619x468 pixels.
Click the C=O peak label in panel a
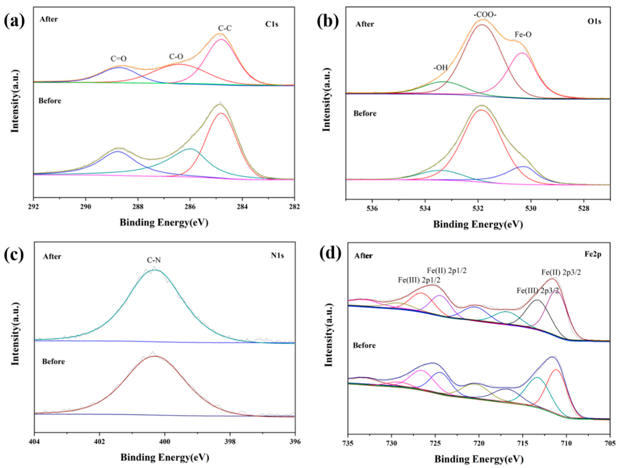click(118, 59)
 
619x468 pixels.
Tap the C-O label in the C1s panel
click(176, 57)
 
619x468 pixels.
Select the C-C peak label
click(225, 28)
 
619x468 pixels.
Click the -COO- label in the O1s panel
click(485, 15)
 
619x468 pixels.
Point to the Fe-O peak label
click(523, 35)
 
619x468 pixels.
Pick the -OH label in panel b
click(440, 68)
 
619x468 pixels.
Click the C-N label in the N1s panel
click(154, 260)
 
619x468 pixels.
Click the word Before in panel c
click(53, 362)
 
